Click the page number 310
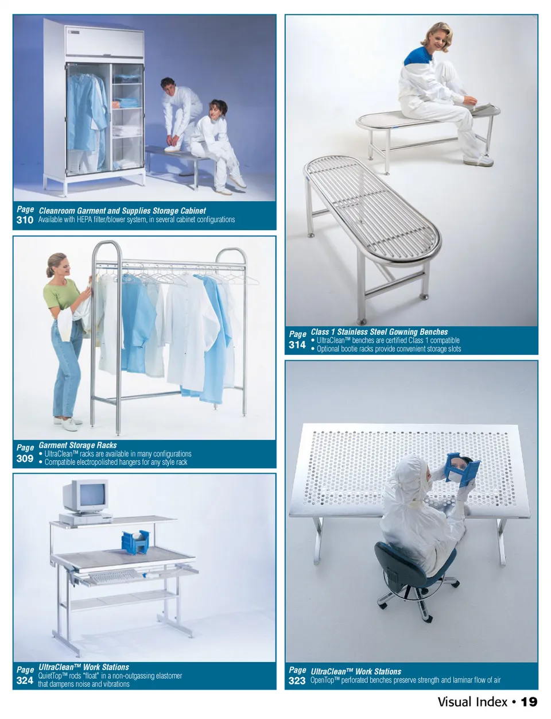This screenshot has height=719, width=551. (25, 220)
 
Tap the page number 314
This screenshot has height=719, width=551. (297, 345)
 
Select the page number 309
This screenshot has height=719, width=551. (25, 458)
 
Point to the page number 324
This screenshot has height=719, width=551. (25, 681)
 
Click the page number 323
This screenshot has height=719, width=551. (297, 681)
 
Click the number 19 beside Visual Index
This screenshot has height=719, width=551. (529, 702)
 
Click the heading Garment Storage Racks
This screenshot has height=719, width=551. (77, 445)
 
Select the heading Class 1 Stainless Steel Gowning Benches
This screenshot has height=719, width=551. (379, 332)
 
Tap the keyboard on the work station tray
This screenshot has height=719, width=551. (113, 577)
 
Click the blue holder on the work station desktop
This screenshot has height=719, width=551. (135, 542)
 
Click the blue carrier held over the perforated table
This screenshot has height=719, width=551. (463, 470)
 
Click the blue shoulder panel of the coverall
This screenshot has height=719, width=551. (417, 55)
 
